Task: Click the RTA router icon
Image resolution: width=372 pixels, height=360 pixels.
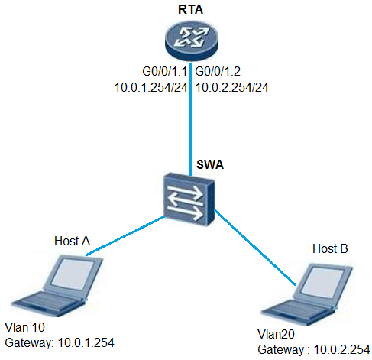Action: click(191, 40)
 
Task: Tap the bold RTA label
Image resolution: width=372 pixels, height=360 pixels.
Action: click(190, 10)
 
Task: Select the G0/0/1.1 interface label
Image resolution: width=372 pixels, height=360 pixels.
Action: click(165, 72)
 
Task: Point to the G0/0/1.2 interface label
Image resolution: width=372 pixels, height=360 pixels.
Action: click(218, 72)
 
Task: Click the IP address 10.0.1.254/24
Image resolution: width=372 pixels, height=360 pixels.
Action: click(151, 88)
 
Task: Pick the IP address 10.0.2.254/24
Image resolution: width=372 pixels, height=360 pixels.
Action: click(232, 88)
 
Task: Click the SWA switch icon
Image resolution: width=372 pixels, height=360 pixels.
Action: click(189, 199)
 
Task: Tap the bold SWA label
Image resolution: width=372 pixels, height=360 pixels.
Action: click(210, 164)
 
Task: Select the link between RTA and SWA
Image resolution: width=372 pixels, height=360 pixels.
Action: click(190, 118)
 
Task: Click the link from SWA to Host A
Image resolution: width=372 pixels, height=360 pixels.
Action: click(125, 235)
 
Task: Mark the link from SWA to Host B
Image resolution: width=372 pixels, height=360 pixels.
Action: click(255, 247)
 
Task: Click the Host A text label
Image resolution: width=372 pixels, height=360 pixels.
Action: click(73, 241)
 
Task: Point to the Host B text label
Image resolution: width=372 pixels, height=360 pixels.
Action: click(330, 248)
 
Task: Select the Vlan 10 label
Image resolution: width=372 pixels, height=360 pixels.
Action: click(25, 328)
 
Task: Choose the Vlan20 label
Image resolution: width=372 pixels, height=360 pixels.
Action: click(276, 334)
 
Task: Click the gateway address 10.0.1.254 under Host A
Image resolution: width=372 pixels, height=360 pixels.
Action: click(86, 343)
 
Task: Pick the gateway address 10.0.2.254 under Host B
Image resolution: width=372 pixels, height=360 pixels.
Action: click(342, 349)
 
